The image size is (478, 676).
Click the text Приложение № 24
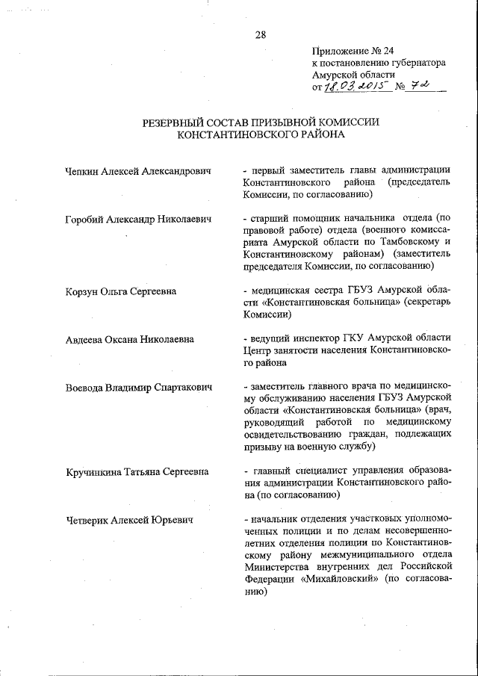[353, 52]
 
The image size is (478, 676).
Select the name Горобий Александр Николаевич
[139, 219]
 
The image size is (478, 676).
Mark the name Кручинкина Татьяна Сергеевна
[137, 471]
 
